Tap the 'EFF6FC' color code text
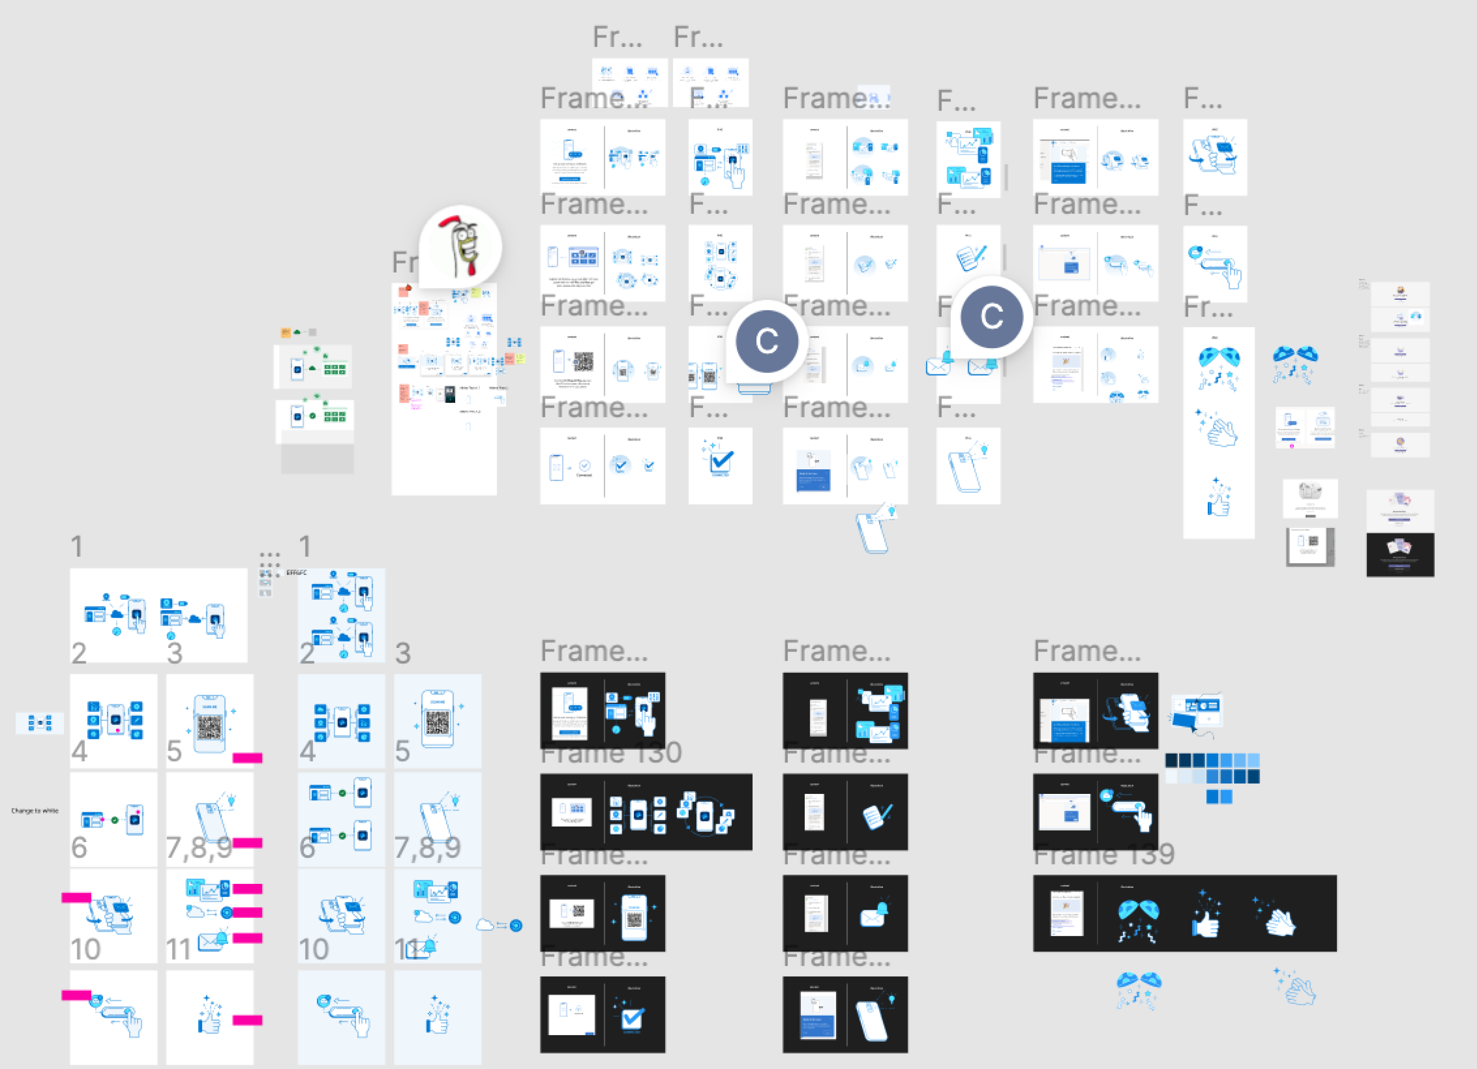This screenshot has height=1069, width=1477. pyautogui.click(x=296, y=573)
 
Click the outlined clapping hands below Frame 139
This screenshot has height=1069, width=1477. pyautogui.click(x=1296, y=988)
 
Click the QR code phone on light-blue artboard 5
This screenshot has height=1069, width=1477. pyautogui.click(x=438, y=719)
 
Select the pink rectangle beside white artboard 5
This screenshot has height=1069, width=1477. pyautogui.click(x=247, y=758)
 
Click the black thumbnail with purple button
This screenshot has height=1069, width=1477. pyautogui.click(x=1400, y=555)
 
